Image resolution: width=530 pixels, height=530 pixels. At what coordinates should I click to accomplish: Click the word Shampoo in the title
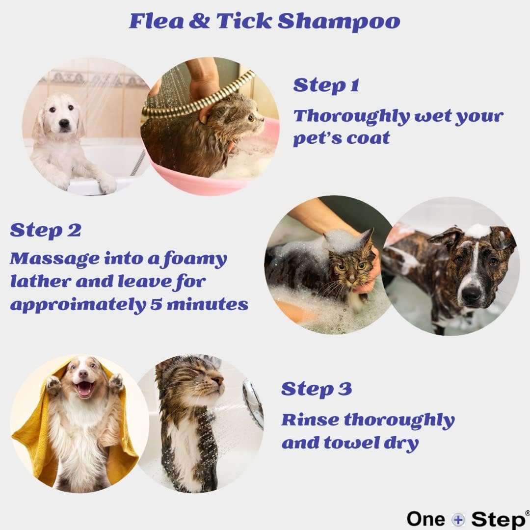[339, 22]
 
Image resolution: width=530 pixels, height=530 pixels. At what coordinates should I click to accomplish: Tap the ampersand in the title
[199, 21]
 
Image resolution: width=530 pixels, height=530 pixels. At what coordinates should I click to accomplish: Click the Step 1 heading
[326, 86]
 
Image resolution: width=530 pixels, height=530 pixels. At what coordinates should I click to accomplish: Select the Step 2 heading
[46, 231]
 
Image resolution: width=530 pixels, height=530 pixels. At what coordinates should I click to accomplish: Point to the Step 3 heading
[317, 389]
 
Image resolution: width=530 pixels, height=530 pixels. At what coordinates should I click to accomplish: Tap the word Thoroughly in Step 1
[351, 117]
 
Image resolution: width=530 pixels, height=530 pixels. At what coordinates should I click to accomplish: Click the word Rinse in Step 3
[310, 420]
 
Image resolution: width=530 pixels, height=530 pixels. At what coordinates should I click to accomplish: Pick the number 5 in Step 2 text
[156, 304]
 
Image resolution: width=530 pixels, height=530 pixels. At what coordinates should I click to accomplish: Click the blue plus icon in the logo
[458, 519]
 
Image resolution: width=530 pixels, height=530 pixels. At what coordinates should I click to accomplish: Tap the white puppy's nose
[64, 123]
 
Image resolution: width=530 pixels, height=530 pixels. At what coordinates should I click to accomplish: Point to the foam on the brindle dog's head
[477, 231]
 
